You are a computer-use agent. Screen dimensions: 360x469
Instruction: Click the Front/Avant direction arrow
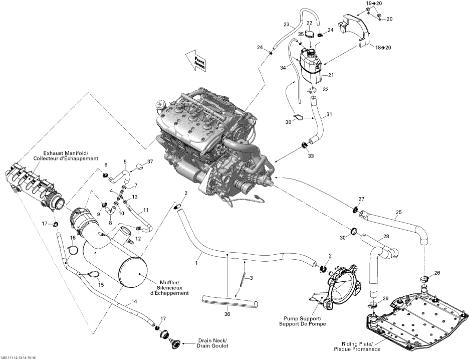coord(195,61)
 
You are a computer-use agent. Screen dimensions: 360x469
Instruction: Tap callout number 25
coord(398,212)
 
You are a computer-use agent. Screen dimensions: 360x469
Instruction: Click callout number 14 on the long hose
coord(134,302)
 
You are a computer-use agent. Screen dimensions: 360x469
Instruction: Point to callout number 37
coord(149,161)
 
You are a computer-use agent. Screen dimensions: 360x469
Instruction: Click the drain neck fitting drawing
coord(176,343)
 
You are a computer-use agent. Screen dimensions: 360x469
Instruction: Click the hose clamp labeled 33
coord(304,146)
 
